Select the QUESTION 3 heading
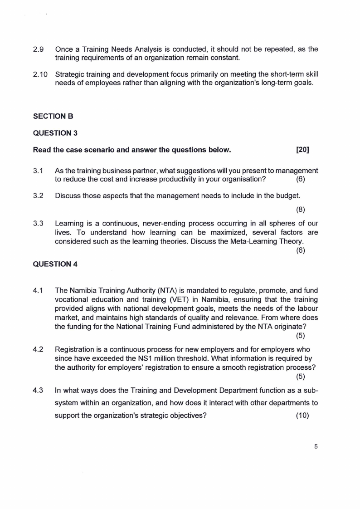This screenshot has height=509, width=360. pos(56,133)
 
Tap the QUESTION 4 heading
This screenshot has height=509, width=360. pos(56,264)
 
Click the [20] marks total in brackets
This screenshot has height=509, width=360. pos(302,150)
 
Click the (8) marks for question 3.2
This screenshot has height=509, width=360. pos(300,210)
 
